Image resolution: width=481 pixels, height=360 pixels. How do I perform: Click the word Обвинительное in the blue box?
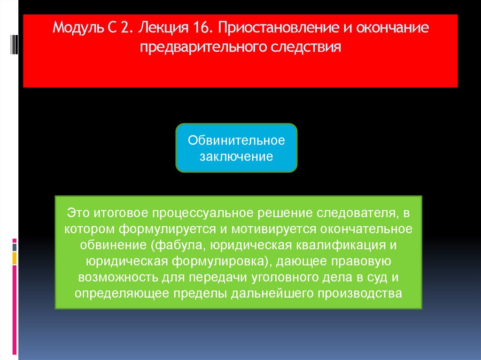click(x=236, y=140)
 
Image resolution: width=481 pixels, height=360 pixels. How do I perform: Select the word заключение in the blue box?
click(x=236, y=157)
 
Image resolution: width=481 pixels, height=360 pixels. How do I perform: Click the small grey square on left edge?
click(x=15, y=247)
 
